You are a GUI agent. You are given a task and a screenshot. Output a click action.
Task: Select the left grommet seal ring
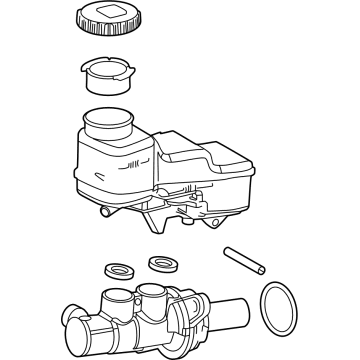point(117,272)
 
